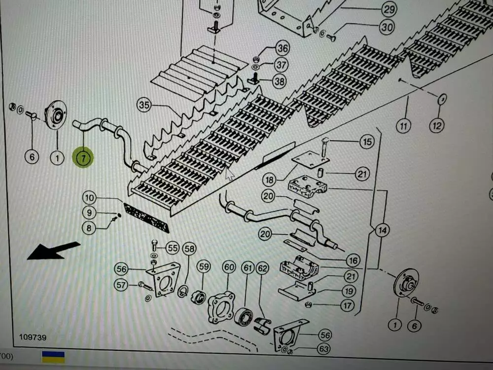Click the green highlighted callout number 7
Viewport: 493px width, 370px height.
pyautogui.click(x=83, y=158)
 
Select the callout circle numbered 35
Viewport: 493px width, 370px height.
pyautogui.click(x=144, y=105)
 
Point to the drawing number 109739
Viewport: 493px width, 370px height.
pyautogui.click(x=33, y=337)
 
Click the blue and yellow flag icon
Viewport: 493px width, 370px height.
pyautogui.click(x=53, y=357)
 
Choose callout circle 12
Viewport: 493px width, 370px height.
pyautogui.click(x=437, y=126)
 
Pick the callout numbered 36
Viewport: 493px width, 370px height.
pyautogui.click(x=282, y=48)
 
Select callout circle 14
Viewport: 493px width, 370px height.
pyautogui.click(x=383, y=230)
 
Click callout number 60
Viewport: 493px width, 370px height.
pyautogui.click(x=229, y=267)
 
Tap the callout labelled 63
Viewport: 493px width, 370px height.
pyautogui.click(x=324, y=349)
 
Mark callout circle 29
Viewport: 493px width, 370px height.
pyautogui.click(x=389, y=9)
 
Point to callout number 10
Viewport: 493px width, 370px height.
pyautogui.click(x=89, y=198)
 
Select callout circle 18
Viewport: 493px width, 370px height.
pyautogui.click(x=270, y=180)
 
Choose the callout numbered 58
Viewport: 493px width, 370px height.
pyautogui.click(x=190, y=249)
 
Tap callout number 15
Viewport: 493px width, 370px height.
pyautogui.click(x=367, y=142)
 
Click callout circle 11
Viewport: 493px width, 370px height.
pyautogui.click(x=403, y=126)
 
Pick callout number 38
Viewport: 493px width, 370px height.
pyautogui.click(x=279, y=81)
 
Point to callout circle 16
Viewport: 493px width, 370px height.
pyautogui.click(x=353, y=260)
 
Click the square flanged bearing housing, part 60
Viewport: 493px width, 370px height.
pyautogui.click(x=221, y=307)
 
